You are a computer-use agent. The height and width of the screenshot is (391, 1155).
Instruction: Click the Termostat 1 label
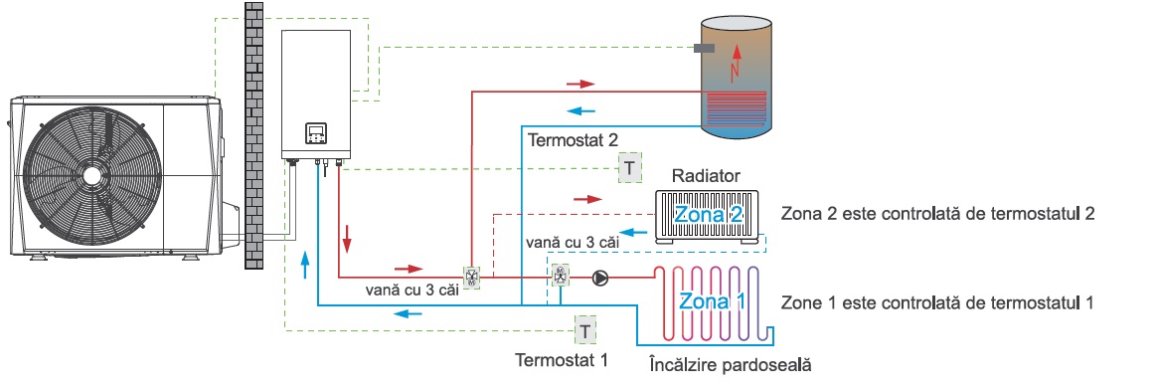[x=562, y=361]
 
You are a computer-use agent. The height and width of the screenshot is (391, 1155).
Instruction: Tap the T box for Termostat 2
[x=630, y=168]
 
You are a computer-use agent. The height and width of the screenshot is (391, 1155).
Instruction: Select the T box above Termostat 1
[x=584, y=331]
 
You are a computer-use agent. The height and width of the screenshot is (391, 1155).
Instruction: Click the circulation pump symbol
[x=601, y=279]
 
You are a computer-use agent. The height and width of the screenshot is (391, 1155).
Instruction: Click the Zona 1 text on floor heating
[x=712, y=301]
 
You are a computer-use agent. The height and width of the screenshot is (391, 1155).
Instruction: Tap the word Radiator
[x=707, y=176]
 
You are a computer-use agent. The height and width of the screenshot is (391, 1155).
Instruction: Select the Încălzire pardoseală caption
[x=730, y=364]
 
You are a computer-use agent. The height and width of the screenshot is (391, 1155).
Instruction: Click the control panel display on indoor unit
[x=317, y=133]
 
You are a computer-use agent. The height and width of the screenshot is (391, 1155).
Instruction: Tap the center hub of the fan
[x=92, y=175]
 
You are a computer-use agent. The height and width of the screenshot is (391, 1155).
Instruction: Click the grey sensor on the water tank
[x=705, y=48]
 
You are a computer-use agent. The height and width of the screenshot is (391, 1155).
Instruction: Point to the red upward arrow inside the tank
[x=734, y=62]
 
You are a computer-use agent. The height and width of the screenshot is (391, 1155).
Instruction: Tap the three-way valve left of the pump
[x=561, y=277]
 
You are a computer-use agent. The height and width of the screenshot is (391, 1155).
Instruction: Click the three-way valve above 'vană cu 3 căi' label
[x=471, y=277]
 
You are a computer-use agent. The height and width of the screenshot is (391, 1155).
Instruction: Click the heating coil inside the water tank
[x=735, y=107]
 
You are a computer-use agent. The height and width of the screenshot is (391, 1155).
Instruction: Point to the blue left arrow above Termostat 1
[x=409, y=313]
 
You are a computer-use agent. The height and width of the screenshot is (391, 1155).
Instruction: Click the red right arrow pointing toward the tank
[x=580, y=84]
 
